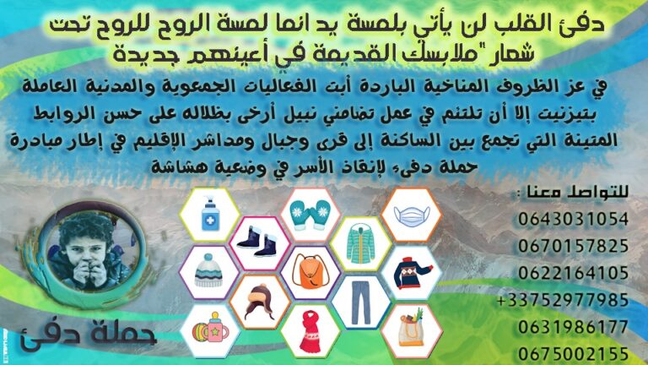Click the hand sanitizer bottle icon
(x=210, y=214)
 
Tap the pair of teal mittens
(x=310, y=215)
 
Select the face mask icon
(x=411, y=215)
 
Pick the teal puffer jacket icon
(x=360, y=243)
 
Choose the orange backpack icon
(x=310, y=271)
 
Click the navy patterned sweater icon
(x=413, y=272)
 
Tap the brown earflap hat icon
(x=260, y=301)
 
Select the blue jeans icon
(x=360, y=302)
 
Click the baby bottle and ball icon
(x=210, y=328)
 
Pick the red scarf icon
(x=311, y=331)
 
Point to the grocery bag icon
(x=411, y=328)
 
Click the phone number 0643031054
(x=573, y=219)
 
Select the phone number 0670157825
(x=573, y=246)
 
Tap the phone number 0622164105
(x=573, y=273)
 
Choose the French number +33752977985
(x=563, y=300)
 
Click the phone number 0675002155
(x=573, y=355)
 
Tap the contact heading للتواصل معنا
(x=572, y=193)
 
